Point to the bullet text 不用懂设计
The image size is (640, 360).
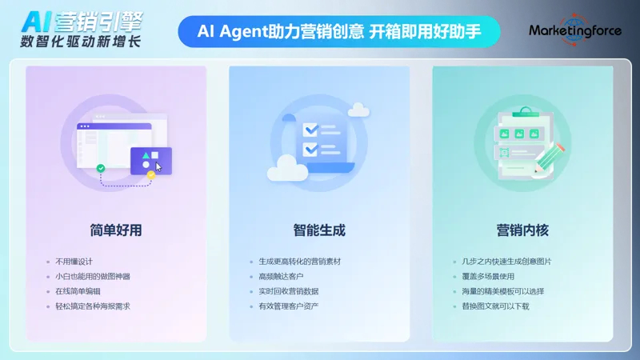(x=74, y=262)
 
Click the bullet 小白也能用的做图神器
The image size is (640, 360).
(x=92, y=277)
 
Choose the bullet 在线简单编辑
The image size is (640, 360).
(x=78, y=291)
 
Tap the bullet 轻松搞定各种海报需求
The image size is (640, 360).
(x=92, y=306)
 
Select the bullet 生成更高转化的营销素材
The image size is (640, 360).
(x=298, y=262)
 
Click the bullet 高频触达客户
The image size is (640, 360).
(x=281, y=277)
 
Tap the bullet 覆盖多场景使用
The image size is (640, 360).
(x=484, y=277)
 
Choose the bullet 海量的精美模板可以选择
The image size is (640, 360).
(x=498, y=291)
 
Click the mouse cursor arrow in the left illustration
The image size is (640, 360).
(x=159, y=166)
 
